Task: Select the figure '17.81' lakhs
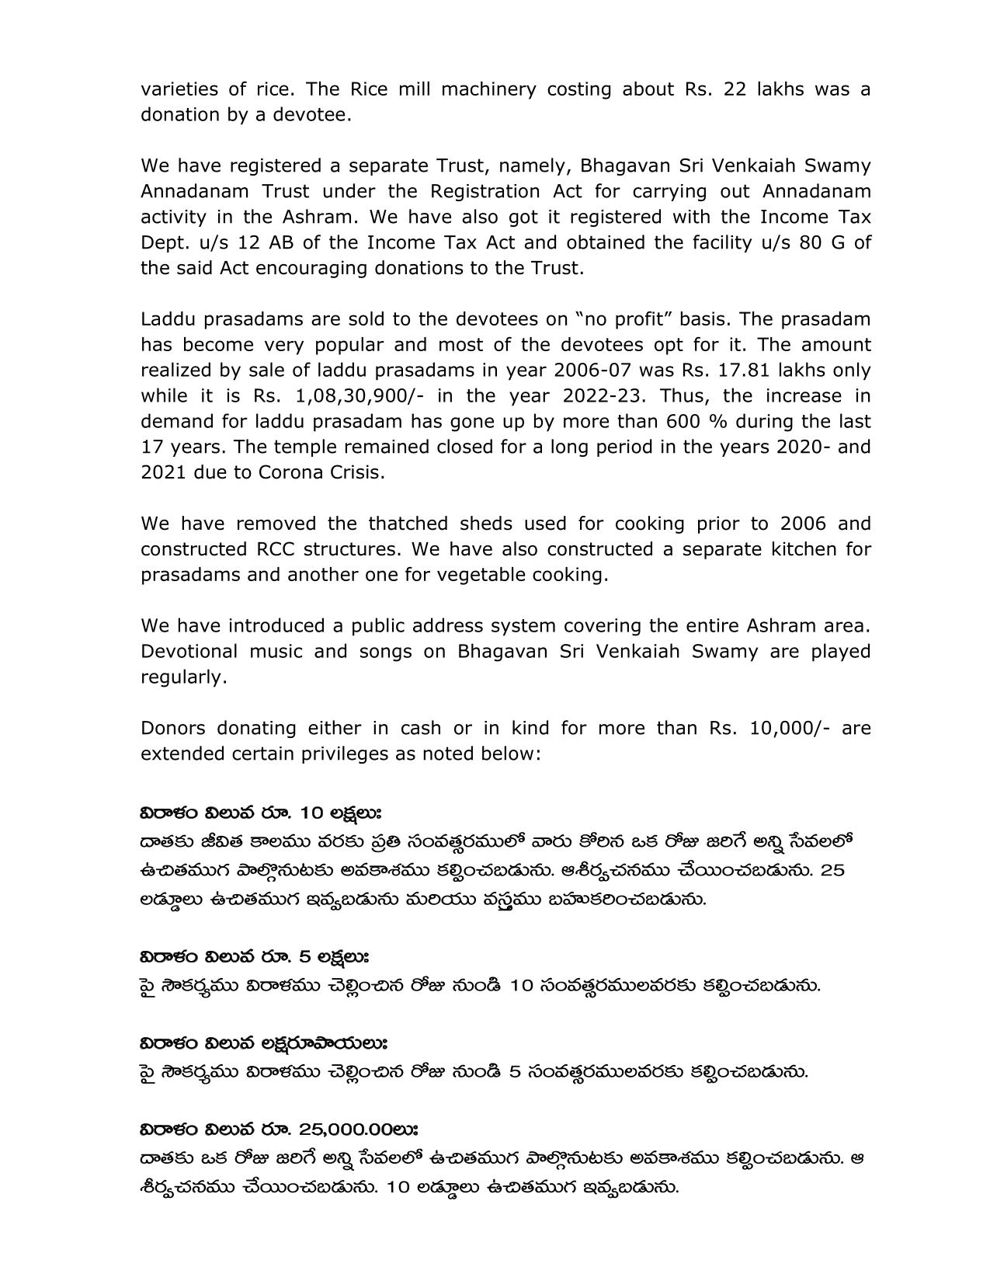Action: pyautogui.click(x=783, y=370)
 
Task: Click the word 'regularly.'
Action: pyautogui.click(x=184, y=677)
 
